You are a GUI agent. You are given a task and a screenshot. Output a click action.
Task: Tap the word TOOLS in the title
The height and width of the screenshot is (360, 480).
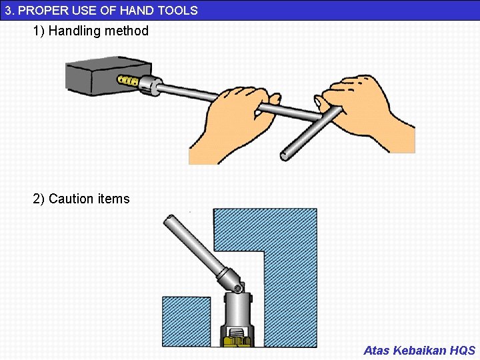pos(177,10)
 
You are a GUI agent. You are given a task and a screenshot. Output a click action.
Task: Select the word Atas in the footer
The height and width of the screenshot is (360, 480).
pos(377,350)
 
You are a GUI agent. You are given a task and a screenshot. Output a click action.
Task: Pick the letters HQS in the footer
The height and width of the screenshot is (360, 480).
pos(463,350)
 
